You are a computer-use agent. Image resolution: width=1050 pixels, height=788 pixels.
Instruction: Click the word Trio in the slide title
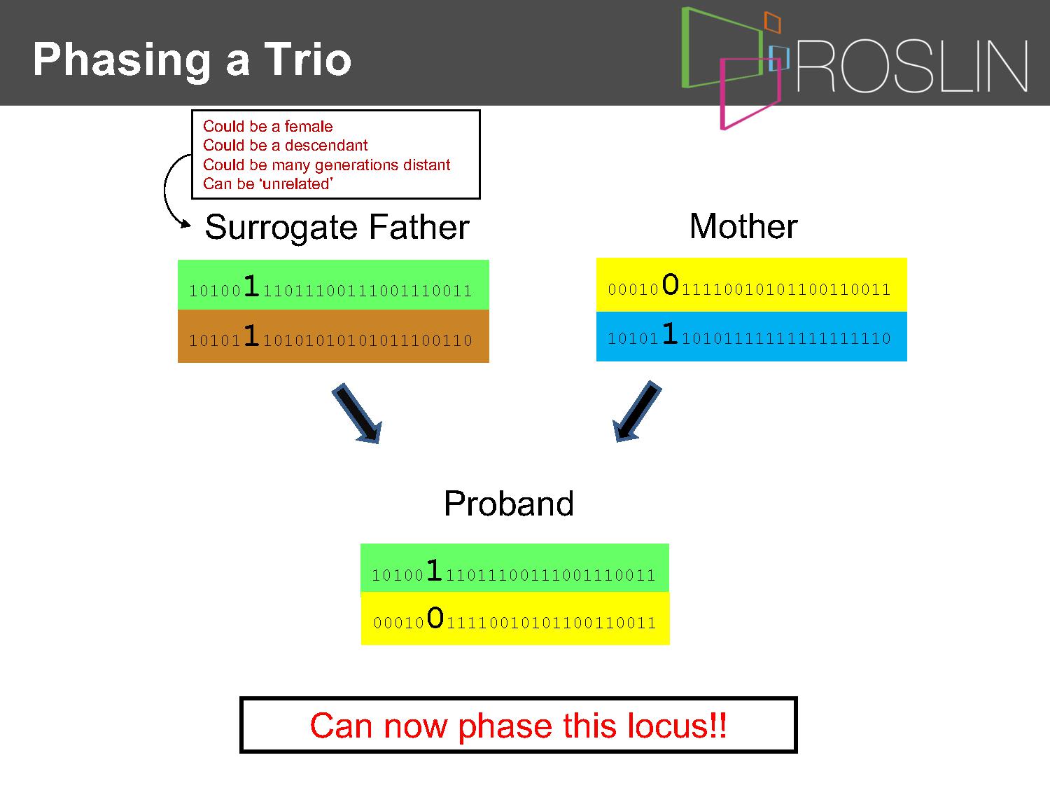308,60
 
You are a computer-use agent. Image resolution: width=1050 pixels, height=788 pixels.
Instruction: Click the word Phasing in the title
122,61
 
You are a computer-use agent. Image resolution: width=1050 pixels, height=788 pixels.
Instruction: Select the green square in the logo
722,47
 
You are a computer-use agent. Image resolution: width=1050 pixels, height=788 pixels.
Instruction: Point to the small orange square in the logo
773,22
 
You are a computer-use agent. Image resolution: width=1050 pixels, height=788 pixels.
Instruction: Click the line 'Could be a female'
267,126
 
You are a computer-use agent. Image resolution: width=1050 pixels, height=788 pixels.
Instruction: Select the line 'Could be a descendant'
285,145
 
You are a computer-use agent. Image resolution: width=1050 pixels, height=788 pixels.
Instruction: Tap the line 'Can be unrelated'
268,184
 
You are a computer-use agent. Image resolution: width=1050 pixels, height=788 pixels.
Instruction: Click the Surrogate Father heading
337,227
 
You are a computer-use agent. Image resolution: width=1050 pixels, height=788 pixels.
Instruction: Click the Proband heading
508,504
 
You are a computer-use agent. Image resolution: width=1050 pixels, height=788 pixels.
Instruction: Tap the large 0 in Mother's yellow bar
670,284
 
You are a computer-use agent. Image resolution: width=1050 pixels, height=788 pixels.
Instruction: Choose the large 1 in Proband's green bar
434,569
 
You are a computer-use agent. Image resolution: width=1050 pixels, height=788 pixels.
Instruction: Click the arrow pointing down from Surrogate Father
358,413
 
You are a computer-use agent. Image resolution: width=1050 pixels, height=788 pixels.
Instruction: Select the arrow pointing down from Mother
637,411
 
